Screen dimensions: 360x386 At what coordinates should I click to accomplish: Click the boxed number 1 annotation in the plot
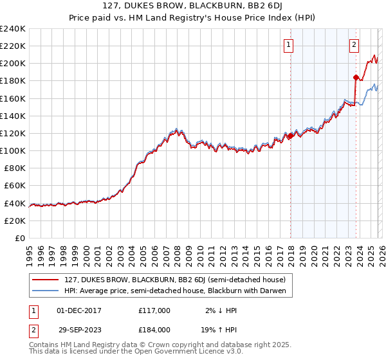pos(289,45)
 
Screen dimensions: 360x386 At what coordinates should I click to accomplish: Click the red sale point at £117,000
pos(290,136)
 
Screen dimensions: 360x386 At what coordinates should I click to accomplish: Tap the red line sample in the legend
pos(46,279)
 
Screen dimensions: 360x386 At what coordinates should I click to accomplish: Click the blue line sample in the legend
pos(46,291)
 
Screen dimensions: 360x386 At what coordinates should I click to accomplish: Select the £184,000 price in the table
pos(154,329)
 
